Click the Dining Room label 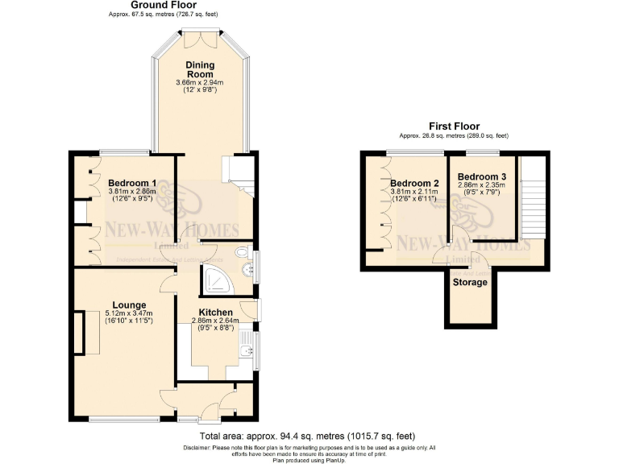coord(199,69)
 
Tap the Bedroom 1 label coord(132,184)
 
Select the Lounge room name coord(129,305)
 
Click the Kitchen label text coord(215,313)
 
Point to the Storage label coord(469,283)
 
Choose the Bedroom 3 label coord(481,176)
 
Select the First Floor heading coord(455,126)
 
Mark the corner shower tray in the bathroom coord(215,279)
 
